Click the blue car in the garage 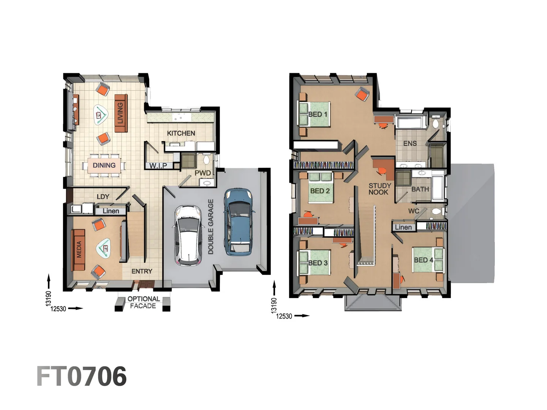[x=238, y=222]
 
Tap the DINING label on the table [x=104, y=166]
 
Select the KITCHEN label [x=181, y=133]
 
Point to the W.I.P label [x=158, y=166]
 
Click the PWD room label [x=202, y=173]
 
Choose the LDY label [x=103, y=197]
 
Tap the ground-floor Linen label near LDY [x=111, y=211]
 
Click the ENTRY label [x=142, y=271]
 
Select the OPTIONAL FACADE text [x=143, y=303]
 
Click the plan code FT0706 [x=81, y=377]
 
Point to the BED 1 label [x=318, y=114]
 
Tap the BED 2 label [x=320, y=191]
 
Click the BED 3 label [x=318, y=263]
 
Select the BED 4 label [x=423, y=260]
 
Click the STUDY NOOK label [x=379, y=189]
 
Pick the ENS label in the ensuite [x=410, y=143]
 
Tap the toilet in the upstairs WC [x=436, y=211]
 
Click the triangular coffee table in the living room [x=100, y=114]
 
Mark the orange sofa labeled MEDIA [x=79, y=249]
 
